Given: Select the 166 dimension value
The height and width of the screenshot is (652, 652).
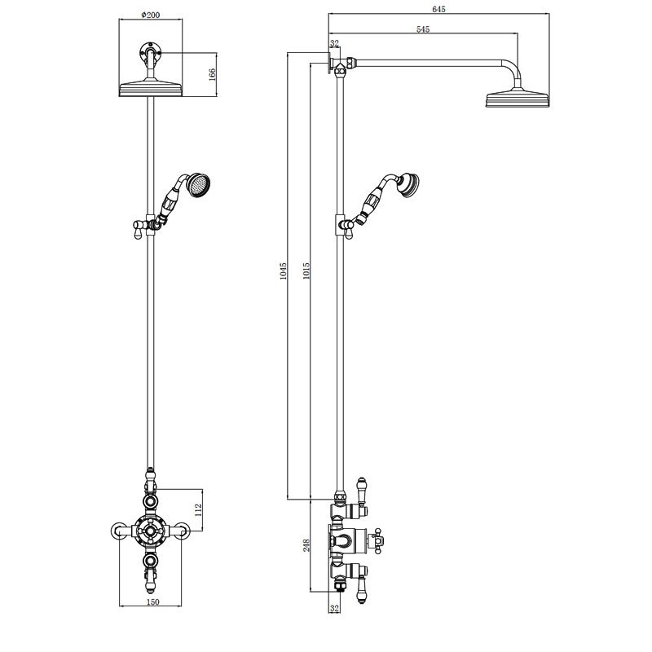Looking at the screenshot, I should point(211,74).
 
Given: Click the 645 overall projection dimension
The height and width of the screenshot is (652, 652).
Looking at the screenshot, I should point(438,9).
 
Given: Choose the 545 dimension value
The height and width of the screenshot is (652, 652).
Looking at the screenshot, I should point(422,29).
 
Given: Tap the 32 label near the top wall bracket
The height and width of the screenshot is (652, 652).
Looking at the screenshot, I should point(334,43).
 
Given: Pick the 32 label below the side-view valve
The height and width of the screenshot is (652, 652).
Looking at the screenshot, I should point(334,607).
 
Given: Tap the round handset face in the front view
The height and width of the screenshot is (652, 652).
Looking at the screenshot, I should point(197,186).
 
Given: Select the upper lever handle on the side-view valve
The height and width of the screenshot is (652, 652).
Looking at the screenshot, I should point(361,491).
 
